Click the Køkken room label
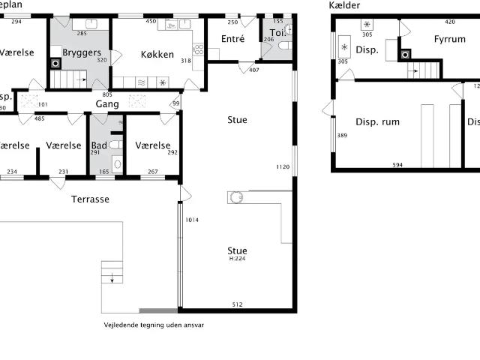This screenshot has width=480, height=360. (157, 55)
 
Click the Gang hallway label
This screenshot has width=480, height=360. (107, 104)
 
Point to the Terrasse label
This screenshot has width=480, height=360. (90, 199)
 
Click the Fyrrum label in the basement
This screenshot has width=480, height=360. (449, 39)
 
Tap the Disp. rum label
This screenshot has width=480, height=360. (377, 121)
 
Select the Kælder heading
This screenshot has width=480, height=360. (344, 5)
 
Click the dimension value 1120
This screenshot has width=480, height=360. (282, 166)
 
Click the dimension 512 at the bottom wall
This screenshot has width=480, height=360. (237, 304)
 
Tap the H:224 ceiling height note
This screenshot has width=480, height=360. (237, 259)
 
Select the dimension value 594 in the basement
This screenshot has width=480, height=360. (397, 165)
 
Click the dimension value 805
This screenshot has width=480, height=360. (107, 94)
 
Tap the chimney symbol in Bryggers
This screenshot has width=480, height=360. (55, 64)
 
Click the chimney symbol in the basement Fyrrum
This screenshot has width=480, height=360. (406, 54)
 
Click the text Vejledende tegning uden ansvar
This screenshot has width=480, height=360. (154, 325)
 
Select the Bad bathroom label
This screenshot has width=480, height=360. (98, 145)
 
